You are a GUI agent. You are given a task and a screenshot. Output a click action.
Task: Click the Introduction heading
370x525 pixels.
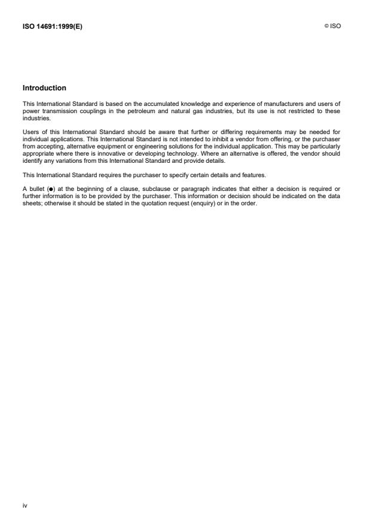[x=44, y=88]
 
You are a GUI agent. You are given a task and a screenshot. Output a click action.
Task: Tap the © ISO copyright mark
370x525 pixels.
[x=334, y=26]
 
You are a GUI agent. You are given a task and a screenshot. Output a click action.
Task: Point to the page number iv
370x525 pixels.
[x=25, y=506]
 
